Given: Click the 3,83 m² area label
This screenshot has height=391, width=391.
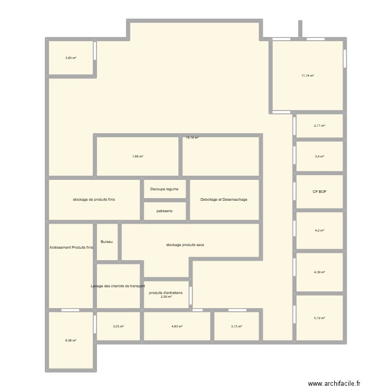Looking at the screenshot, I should click(71, 58).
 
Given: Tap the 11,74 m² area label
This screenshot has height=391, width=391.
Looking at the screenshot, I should click(308, 76).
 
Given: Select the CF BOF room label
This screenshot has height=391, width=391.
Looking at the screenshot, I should click(320, 191).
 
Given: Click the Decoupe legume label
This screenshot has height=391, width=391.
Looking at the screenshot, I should click(165, 189).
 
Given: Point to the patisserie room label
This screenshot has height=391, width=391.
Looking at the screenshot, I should click(165, 211).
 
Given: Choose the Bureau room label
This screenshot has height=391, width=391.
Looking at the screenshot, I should click(107, 242).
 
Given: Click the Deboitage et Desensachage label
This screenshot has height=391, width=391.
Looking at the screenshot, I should click(224, 200).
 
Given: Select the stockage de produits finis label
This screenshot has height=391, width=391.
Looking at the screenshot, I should click(94, 200).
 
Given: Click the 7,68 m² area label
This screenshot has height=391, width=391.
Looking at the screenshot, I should click(138, 156).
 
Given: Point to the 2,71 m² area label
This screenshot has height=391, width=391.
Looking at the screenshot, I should click(320, 126).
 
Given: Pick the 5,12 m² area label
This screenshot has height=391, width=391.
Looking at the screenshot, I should click(320, 318).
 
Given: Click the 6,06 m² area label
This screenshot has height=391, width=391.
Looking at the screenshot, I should click(71, 340).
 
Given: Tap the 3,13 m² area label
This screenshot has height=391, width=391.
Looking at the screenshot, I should click(237, 326).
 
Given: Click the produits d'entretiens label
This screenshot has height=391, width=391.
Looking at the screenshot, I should click(166, 292).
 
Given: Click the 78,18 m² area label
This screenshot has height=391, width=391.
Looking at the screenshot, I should click(192, 138).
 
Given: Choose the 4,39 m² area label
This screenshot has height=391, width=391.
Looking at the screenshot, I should click(320, 272).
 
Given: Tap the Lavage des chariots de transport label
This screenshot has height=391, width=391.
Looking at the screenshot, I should click(118, 286).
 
